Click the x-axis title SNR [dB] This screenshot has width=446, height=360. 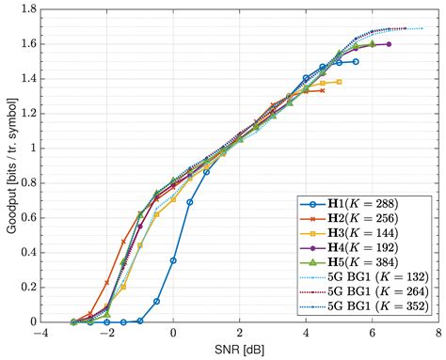click(x=240, y=351)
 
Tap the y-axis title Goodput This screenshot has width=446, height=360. click(x=11, y=165)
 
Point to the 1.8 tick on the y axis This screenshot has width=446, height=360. click(x=27, y=8)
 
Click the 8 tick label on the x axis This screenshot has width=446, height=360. click(x=438, y=334)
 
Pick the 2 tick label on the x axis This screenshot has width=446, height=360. click(x=239, y=334)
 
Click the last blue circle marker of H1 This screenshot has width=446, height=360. click(x=355, y=61)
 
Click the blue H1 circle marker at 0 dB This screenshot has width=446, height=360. click(x=173, y=260)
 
